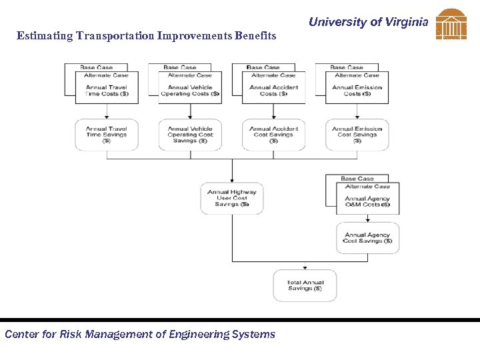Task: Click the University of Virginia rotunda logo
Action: tap(451, 25)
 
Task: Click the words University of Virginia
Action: tap(368, 22)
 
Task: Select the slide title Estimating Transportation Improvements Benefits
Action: tap(146, 36)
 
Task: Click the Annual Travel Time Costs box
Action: tap(107, 91)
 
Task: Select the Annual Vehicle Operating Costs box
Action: tap(190, 91)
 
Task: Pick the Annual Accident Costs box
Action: tap(273, 91)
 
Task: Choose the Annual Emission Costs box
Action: tap(357, 91)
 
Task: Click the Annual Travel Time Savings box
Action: tap(107, 135)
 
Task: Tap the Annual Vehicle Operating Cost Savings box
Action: tap(190, 135)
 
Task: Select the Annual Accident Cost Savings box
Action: tap(273, 135)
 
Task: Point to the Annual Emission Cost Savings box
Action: tap(357, 135)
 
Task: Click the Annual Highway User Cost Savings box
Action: tap(232, 198)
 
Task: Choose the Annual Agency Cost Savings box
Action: tap(367, 238)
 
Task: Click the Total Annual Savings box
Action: tap(305, 285)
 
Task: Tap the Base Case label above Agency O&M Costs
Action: tap(357, 179)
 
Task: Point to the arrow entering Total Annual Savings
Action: tap(305, 266)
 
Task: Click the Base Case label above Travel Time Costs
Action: tap(97, 67)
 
